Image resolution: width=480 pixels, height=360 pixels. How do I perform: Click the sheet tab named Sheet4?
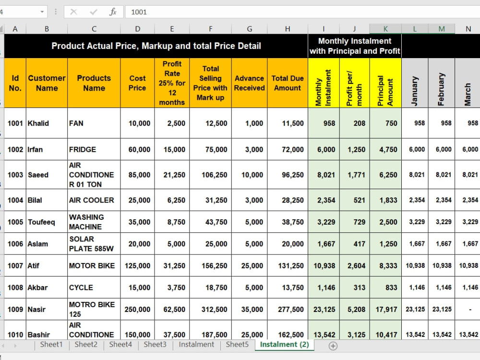[x=120, y=344]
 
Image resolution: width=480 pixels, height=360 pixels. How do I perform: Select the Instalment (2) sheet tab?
[x=284, y=344]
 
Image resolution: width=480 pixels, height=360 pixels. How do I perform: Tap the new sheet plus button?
[x=333, y=346]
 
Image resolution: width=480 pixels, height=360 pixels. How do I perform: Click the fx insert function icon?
[x=113, y=12]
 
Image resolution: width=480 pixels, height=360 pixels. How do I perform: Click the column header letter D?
[x=137, y=29]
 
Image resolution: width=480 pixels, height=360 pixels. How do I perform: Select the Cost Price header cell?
[x=137, y=83]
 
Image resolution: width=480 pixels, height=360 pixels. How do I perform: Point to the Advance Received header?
[x=249, y=83]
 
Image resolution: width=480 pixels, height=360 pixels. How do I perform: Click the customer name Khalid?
[x=38, y=123]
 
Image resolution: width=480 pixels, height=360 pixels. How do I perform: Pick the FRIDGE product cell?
[x=83, y=149]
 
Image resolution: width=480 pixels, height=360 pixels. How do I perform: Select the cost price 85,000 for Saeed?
[x=139, y=175]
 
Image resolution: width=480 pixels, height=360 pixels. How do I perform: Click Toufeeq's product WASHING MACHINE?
[x=86, y=222]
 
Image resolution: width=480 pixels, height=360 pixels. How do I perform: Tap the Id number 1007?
[x=15, y=266]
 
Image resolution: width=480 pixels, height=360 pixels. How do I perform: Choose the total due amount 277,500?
[x=291, y=310]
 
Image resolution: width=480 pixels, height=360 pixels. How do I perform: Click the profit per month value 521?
[x=360, y=200]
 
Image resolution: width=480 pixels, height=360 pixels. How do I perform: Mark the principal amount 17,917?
[x=386, y=310]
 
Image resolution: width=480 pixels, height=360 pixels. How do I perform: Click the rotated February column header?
[x=441, y=89]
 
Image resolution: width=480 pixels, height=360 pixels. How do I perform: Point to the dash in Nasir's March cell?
[x=470, y=310]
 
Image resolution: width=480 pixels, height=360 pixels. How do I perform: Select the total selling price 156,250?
[x=214, y=266]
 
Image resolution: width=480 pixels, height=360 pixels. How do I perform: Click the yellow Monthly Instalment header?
[x=323, y=88]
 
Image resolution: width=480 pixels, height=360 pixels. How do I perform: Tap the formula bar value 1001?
[x=139, y=12]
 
